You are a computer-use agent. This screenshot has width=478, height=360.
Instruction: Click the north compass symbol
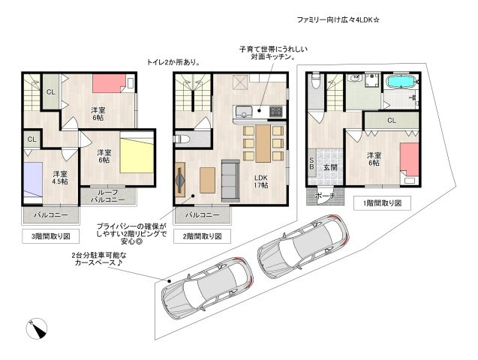point(37,328)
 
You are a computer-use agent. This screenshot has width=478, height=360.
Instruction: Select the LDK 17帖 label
point(261,181)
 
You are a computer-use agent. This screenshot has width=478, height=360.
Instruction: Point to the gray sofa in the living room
point(230,180)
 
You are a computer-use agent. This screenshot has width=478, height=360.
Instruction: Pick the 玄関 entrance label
point(330,167)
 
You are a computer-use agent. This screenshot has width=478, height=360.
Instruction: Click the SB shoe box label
point(312,163)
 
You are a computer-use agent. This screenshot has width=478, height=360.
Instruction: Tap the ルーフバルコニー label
point(108,196)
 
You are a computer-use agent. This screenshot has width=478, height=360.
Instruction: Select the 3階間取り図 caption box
point(51,236)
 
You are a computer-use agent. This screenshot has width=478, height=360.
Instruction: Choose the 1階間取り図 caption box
point(382,203)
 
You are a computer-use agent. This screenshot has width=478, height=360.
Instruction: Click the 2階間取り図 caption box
point(202,236)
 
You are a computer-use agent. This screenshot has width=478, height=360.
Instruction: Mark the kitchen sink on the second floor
point(244,112)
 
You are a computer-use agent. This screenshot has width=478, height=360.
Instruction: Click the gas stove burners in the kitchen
point(276,111)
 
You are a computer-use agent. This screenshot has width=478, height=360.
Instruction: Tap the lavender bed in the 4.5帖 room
point(33,180)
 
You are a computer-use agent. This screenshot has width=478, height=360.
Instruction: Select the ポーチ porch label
point(325,196)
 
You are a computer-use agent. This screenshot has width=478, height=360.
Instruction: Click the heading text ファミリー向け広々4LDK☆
point(338,20)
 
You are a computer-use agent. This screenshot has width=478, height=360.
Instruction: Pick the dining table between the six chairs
point(263,143)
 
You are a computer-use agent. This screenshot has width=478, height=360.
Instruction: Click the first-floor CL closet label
point(392,121)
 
